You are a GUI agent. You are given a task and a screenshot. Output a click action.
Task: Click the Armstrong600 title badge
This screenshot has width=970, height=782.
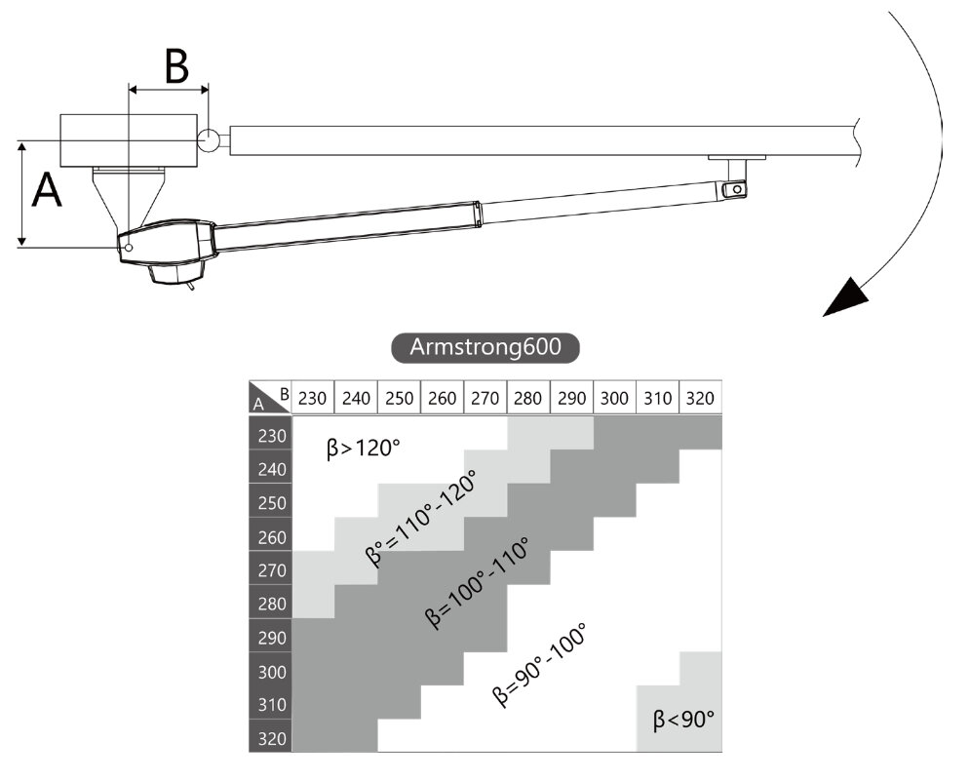point(485,348)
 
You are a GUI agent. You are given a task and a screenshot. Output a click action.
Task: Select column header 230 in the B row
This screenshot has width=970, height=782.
point(313,398)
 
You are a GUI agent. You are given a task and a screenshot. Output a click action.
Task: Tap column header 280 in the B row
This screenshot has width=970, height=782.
point(528,398)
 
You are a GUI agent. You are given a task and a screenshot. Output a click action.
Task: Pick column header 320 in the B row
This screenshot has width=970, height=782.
point(701,398)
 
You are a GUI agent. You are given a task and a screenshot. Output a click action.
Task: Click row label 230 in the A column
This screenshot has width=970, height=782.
point(272,436)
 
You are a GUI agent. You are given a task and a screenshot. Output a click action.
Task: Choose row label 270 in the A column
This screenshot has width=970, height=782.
point(272,570)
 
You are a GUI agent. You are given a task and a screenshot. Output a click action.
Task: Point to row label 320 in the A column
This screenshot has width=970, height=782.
point(272,738)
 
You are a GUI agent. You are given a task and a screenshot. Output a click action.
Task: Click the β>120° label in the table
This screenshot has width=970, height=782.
point(364,450)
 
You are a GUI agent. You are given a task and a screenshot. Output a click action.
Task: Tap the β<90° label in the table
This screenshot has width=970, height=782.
point(683,720)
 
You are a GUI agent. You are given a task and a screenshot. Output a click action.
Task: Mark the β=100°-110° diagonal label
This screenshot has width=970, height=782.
point(478,583)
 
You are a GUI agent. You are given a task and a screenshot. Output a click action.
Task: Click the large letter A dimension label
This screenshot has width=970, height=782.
point(47,190)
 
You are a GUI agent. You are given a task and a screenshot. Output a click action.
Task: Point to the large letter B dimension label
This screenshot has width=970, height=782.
point(175,66)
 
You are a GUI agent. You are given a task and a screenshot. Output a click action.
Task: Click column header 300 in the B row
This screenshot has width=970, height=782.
point(615,398)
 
